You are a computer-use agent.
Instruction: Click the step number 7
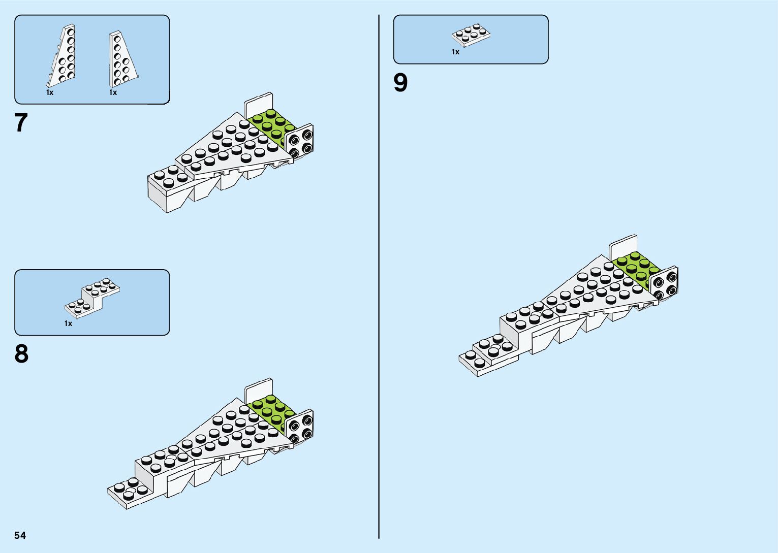coord(21,123)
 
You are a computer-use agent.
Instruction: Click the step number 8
coord(21,354)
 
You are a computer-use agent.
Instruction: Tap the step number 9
coord(400,83)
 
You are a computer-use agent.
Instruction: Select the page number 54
coord(20,535)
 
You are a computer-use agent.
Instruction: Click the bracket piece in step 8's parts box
coord(92,297)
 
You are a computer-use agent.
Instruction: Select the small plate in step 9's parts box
coord(471,35)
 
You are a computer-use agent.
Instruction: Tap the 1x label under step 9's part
coord(455,52)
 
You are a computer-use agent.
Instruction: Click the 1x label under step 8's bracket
coord(68,323)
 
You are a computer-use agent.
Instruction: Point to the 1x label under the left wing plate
coord(49,92)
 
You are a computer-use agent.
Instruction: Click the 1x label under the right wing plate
coord(113,92)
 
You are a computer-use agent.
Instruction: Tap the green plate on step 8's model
coord(272,412)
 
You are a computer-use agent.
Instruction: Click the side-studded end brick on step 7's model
coord(300,142)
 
